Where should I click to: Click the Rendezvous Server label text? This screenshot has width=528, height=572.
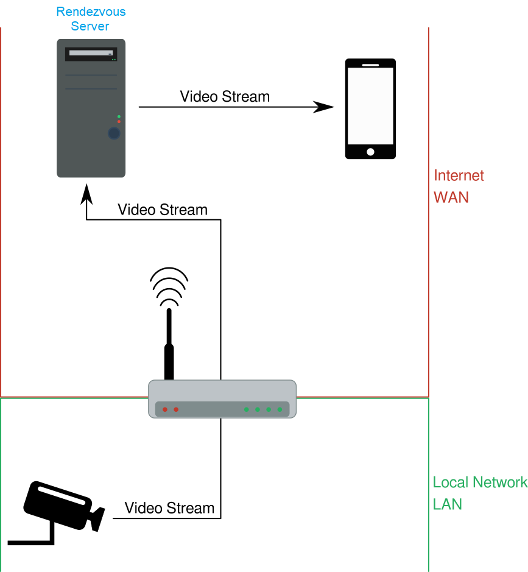(90, 19)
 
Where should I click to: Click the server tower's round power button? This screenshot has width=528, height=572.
(113, 133)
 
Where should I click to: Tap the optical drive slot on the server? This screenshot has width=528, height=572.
(91, 54)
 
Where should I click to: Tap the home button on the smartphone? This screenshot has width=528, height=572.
(370, 152)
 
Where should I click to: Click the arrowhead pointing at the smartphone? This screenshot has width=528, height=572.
(325, 107)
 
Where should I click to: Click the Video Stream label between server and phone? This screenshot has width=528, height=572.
(225, 96)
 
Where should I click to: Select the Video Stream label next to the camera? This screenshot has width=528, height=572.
(169, 507)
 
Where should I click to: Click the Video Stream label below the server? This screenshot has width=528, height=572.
(162, 210)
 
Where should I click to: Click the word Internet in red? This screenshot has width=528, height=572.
(459, 175)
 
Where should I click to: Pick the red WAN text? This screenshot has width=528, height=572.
(451, 198)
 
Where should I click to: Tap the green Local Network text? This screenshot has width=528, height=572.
(479, 482)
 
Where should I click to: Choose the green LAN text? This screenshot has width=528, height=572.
(448, 504)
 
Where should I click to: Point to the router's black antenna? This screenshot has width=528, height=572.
(169, 347)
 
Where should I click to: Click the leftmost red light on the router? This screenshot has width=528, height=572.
(164, 409)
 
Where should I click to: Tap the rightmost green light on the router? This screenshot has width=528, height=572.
(280, 409)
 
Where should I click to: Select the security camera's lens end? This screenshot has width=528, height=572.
(97, 518)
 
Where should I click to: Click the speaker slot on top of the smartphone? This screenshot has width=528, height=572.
(370, 63)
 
